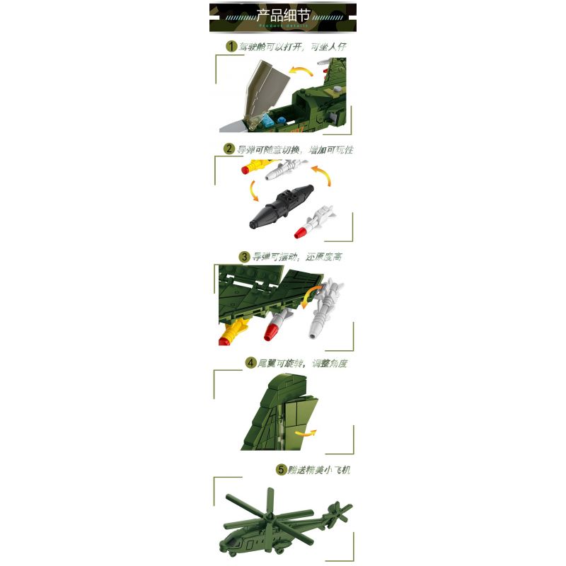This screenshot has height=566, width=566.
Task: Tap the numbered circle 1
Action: pos(230,47)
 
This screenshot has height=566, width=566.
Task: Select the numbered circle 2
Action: pos(229,149)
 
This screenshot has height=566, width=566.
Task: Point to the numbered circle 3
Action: pos(244,257)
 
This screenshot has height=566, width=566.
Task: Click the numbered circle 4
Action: pos(250,363)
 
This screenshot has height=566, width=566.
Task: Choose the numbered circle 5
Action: pos(281,470)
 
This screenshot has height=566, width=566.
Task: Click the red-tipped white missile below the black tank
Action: pos(313,221)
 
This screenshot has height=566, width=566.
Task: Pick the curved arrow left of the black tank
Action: pos(252,191)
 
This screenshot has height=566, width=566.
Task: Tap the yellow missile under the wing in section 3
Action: pos(233,330)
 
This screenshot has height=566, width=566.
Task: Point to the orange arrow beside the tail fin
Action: pos(305,433)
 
